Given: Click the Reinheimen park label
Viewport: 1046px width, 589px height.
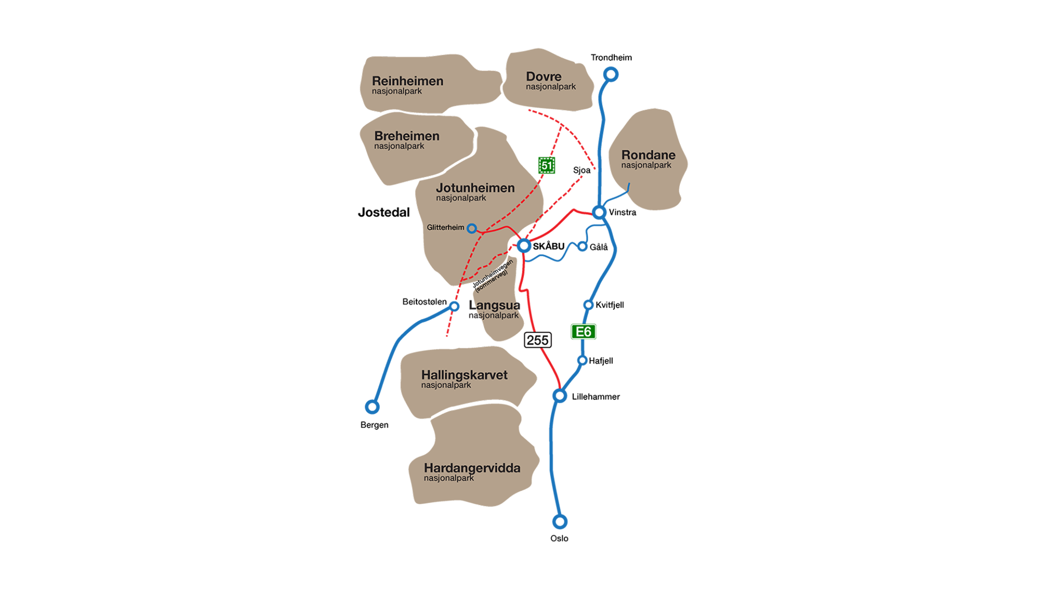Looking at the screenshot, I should click(x=407, y=81).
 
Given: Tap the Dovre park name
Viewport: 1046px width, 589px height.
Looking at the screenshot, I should click(x=543, y=76).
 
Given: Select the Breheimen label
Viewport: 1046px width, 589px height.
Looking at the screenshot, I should click(x=407, y=136).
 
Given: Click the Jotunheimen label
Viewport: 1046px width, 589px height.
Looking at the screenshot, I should click(x=475, y=188).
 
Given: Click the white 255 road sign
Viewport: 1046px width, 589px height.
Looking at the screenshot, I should click(x=538, y=340).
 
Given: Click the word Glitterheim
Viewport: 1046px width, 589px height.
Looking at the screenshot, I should click(x=445, y=228).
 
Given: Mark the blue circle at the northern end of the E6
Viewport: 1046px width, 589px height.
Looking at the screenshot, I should click(x=611, y=74).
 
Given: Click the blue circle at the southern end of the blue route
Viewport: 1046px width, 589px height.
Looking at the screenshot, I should click(x=559, y=522).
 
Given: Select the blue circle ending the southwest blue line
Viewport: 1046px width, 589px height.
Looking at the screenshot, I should click(x=372, y=407).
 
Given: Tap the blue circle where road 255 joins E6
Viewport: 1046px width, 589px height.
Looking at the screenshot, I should click(x=559, y=395).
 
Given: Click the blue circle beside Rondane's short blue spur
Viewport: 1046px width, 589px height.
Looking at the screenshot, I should click(x=599, y=212).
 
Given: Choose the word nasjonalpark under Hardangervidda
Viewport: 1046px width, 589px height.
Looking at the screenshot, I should click(x=449, y=478).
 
